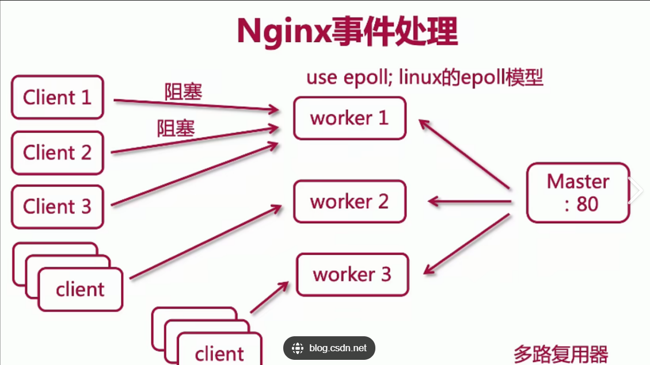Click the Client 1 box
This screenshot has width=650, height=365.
(57, 97)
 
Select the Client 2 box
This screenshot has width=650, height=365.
(57, 152)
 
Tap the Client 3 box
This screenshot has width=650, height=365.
(57, 206)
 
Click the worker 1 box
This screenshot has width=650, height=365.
(349, 118)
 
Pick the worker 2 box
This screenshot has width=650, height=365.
(349, 202)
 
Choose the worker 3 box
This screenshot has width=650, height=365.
(352, 274)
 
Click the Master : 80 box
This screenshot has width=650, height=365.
(578, 193)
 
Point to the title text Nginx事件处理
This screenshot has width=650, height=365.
(347, 32)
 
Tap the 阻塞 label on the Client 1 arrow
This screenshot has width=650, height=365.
(184, 92)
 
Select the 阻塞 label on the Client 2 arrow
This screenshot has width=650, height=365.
(176, 128)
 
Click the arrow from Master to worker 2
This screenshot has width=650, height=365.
(470, 201)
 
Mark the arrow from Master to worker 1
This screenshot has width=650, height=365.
(464, 153)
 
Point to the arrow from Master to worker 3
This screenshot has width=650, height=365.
(467, 243)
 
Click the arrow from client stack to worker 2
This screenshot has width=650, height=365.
(206, 242)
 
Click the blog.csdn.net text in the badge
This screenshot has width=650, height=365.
(337, 348)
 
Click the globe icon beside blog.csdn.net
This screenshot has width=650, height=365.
(298, 348)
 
